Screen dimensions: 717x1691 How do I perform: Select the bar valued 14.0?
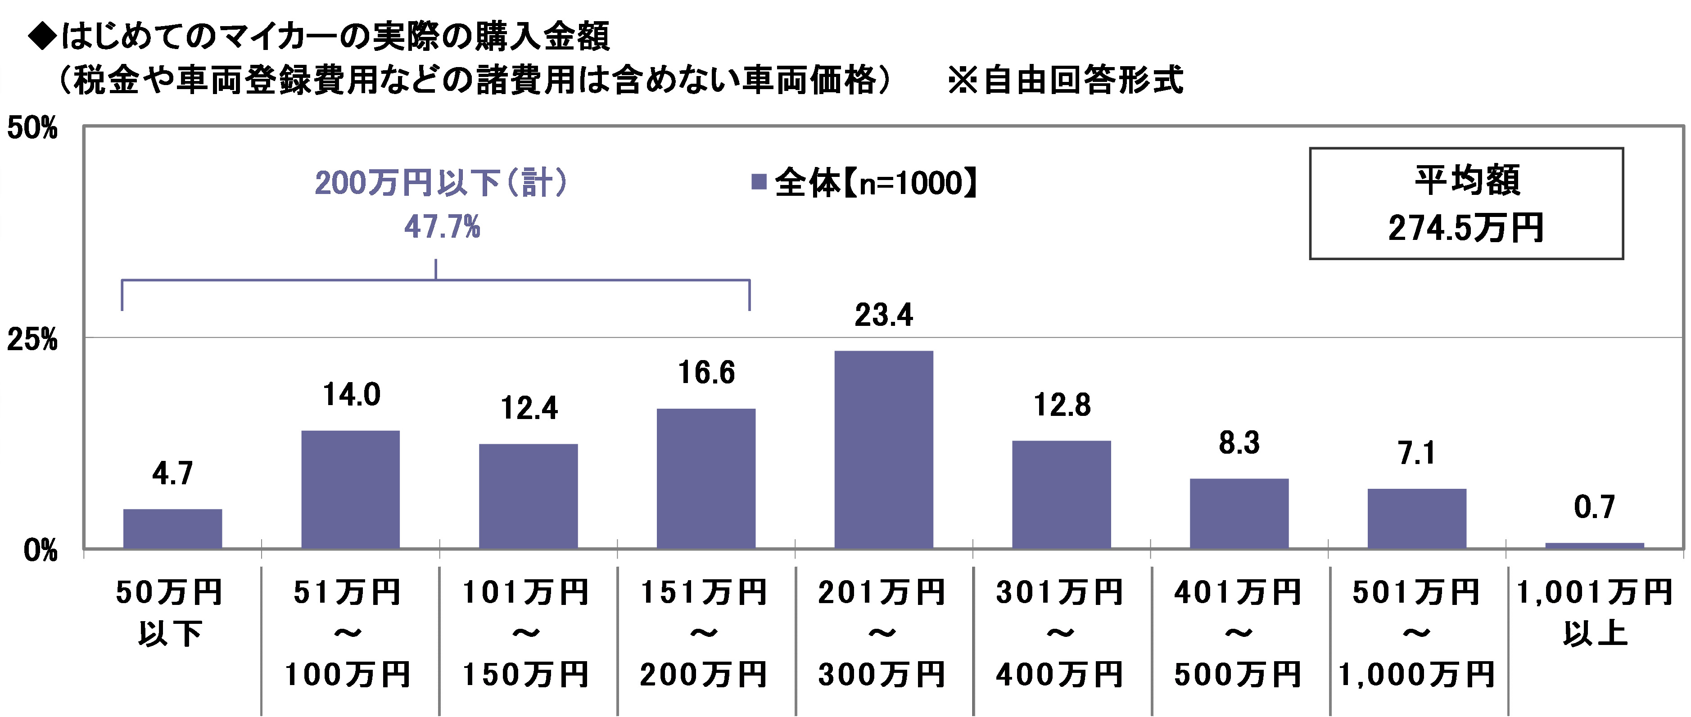click(x=351, y=489)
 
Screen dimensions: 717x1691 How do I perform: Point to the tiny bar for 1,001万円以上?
click(x=1595, y=545)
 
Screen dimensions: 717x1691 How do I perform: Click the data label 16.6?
click(x=706, y=373)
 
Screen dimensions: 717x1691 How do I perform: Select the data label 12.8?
click(x=1062, y=405)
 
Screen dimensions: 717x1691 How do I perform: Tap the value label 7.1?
click(x=1417, y=453)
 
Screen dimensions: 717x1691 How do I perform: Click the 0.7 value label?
click(x=1595, y=507)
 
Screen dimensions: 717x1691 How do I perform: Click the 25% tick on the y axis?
click(x=32, y=340)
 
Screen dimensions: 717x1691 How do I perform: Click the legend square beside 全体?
click(x=759, y=182)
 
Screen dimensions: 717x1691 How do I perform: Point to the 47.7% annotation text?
click(x=442, y=227)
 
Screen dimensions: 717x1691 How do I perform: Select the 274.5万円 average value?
click(x=1466, y=228)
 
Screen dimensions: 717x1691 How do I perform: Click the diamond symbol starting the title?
click(x=43, y=37)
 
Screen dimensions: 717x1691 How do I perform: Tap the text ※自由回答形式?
click(x=1065, y=81)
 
